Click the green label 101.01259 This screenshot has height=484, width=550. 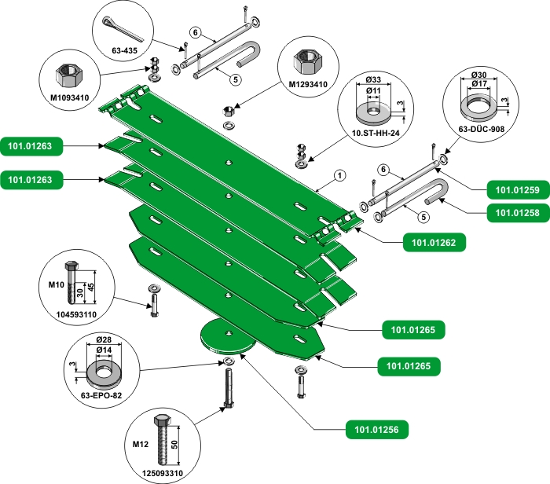click(514, 189)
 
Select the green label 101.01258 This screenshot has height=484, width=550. click(514, 212)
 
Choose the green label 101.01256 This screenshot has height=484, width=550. click(373, 430)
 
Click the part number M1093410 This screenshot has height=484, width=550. click(70, 98)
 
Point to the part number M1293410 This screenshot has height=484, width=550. click(307, 85)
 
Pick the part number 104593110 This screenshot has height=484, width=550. click(77, 313)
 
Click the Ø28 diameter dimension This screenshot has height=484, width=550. click(103, 340)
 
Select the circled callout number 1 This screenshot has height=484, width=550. click(339, 176)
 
